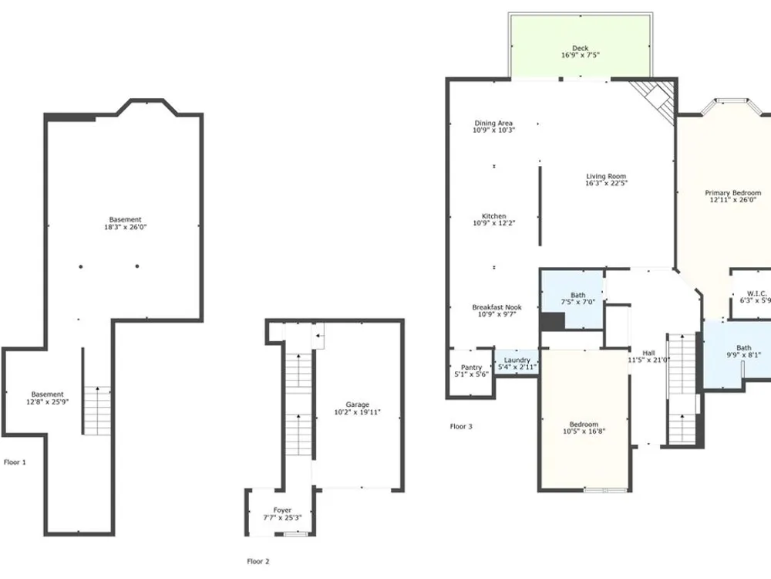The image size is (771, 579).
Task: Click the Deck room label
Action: (581, 48)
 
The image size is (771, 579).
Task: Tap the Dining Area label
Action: (493, 123)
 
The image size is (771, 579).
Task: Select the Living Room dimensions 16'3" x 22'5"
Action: (606, 183)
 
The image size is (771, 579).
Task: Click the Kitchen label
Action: (493, 216)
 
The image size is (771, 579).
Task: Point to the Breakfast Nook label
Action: (497, 307)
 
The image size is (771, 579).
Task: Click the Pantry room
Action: (471, 372)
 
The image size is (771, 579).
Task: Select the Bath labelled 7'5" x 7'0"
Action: (572, 299)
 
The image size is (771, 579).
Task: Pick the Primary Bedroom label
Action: (732, 193)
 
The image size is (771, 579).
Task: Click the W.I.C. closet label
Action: (757, 293)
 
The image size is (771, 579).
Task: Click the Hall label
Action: (648, 353)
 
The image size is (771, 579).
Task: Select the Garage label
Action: (358, 405)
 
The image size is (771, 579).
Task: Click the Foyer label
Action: (283, 510)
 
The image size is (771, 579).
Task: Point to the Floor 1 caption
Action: (15, 462)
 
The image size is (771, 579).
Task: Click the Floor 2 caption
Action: (258, 561)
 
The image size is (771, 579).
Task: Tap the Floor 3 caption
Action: (461, 426)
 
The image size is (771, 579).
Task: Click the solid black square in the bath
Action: (553, 322)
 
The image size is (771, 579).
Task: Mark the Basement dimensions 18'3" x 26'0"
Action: (126, 227)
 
